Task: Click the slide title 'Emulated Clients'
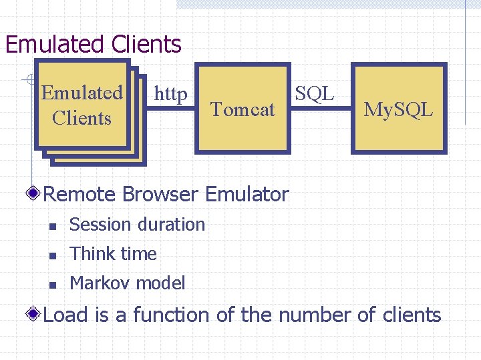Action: [x=93, y=44]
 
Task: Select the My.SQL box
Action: [x=398, y=109]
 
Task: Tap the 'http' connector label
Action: [x=170, y=95]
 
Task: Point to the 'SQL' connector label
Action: [x=314, y=93]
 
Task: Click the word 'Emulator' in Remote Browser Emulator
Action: [x=247, y=195]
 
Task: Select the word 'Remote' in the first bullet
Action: [x=79, y=195]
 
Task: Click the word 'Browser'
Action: [x=160, y=195]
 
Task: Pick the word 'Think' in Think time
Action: [x=88, y=254]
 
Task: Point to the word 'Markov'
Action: [x=98, y=283]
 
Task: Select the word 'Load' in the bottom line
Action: [x=65, y=315]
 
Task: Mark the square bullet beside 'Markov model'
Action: [x=53, y=285]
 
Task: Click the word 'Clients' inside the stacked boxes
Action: [x=82, y=118]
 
